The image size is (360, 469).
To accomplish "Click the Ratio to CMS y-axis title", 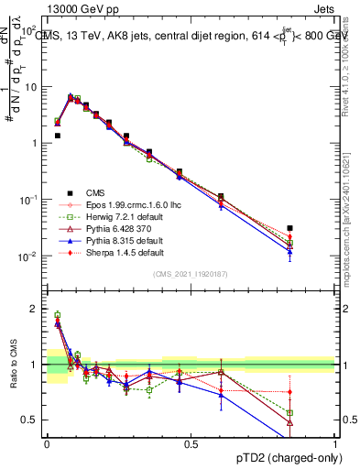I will [x=12, y=367].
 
